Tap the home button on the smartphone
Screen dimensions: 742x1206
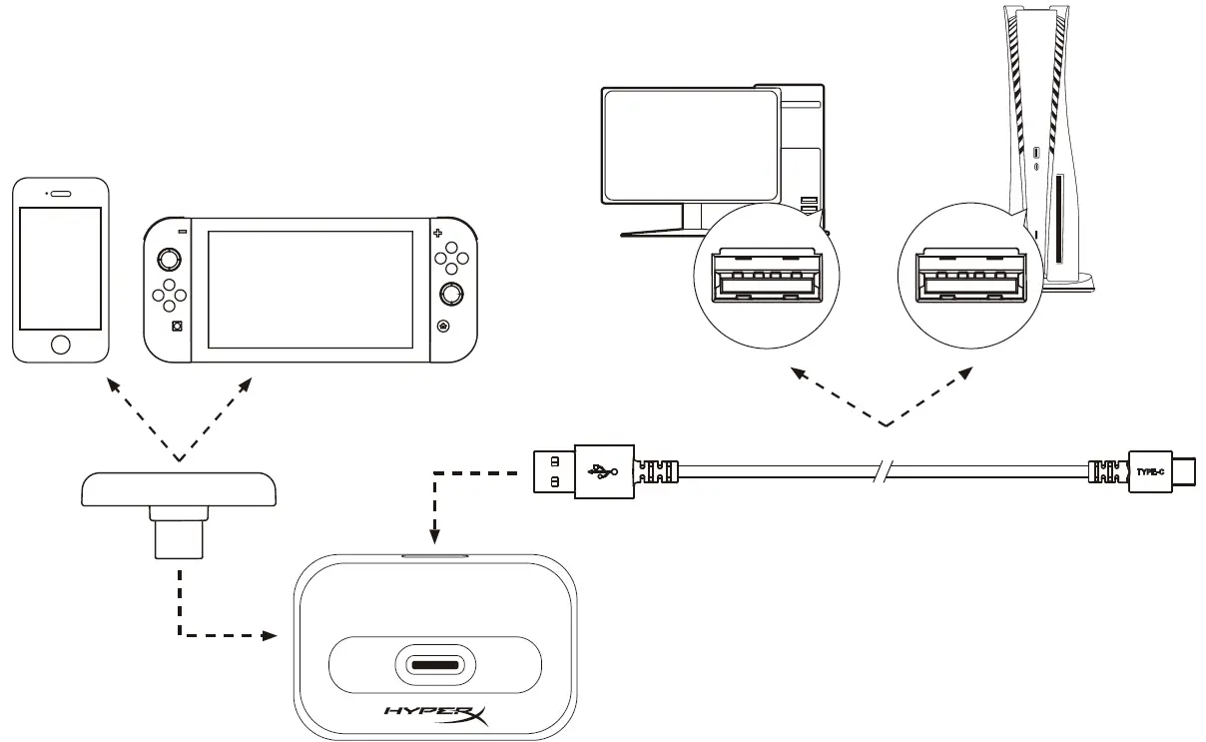[x=61, y=345]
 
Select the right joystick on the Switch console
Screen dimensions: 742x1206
[x=452, y=294]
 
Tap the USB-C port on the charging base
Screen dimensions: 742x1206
[x=436, y=664]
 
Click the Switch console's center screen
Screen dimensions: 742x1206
[x=310, y=289]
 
